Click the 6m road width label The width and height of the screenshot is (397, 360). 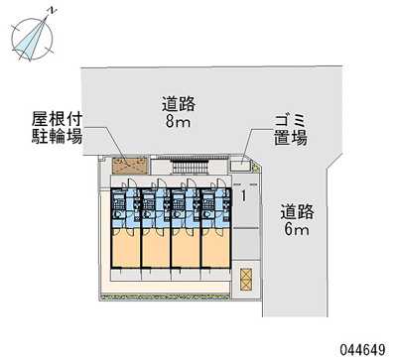pyautogui.click(x=296, y=230)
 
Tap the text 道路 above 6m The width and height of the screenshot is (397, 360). pyautogui.click(x=296, y=210)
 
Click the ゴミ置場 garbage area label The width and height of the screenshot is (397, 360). pyautogui.click(x=290, y=130)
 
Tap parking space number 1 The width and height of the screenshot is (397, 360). pyautogui.click(x=242, y=196)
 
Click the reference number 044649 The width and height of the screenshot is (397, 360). pyautogui.click(x=366, y=348)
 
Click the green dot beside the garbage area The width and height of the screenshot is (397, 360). pyautogui.click(x=256, y=170)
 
